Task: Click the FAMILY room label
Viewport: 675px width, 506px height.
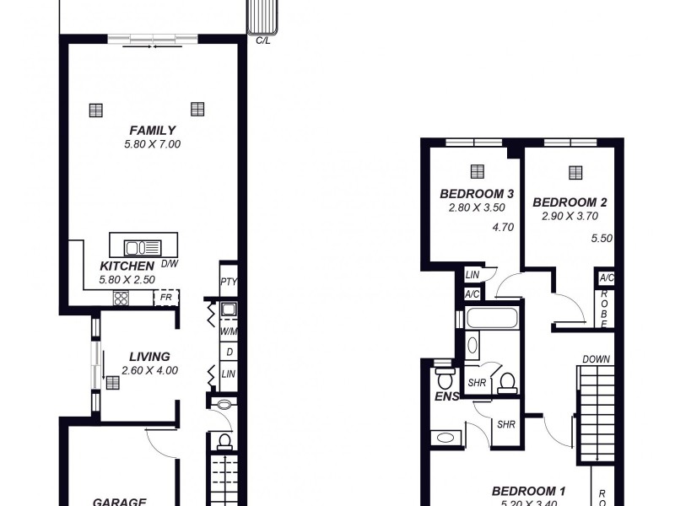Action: [x=152, y=130]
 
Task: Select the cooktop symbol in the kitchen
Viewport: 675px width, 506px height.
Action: [x=121, y=298]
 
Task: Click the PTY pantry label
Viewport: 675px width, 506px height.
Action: [x=228, y=282]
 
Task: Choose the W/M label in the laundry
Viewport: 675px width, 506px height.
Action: [x=228, y=332]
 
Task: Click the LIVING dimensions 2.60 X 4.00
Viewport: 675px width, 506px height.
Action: [x=149, y=369]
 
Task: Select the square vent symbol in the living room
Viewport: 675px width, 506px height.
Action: [x=112, y=382]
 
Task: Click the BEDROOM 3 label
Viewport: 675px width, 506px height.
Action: [x=471, y=193]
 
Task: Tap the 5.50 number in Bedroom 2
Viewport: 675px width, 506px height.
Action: [x=601, y=239]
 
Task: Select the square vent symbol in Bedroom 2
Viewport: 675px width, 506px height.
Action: [x=575, y=172]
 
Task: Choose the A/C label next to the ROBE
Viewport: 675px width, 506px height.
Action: [x=606, y=278]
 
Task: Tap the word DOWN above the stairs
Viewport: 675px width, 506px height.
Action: [x=595, y=359]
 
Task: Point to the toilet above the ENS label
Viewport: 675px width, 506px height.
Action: [x=442, y=375]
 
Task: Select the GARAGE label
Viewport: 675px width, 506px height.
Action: [x=120, y=500]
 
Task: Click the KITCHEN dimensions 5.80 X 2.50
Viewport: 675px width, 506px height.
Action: [x=127, y=279]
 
